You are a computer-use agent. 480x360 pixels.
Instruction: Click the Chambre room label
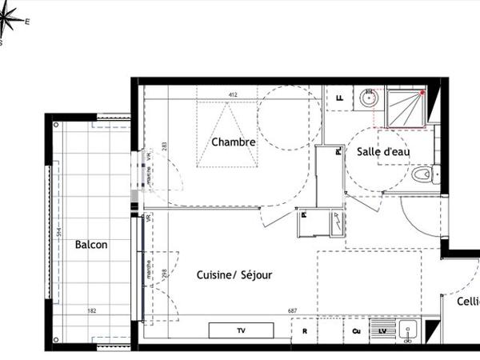[234, 142]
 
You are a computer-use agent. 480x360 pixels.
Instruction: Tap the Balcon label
[91, 245]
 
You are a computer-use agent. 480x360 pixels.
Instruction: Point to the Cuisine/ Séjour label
[234, 274]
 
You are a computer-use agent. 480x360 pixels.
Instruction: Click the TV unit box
[241, 330]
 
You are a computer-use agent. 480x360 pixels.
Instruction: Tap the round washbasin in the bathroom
[368, 99]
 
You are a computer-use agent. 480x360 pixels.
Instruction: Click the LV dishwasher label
[382, 330]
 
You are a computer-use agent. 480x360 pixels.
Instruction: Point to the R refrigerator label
[305, 330]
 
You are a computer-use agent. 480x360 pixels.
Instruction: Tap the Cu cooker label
[355, 330]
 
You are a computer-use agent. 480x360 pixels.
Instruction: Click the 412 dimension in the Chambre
[233, 95]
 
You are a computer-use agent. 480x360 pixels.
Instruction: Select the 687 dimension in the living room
[303, 311]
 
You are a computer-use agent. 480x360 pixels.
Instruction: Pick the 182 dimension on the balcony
[92, 310]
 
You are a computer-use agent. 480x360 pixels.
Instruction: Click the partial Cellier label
[468, 302]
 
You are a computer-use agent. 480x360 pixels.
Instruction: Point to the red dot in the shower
[422, 93]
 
